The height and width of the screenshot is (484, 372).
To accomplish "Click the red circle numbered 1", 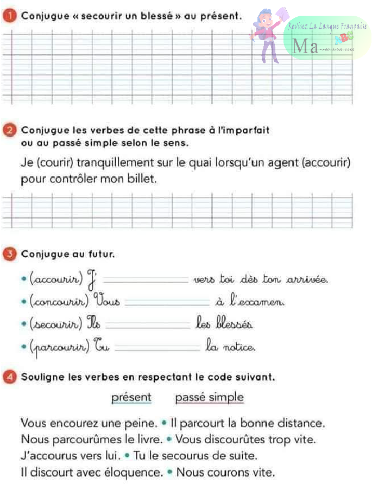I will point(11,16).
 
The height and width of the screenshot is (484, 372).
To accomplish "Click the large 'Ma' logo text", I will point(305,46).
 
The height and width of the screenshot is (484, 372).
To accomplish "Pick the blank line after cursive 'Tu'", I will point(158,346).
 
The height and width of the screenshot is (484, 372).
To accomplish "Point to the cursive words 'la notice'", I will point(230,345).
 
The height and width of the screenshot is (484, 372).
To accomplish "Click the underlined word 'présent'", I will point(131,397).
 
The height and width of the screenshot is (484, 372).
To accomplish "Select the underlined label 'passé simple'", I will point(209,397).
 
